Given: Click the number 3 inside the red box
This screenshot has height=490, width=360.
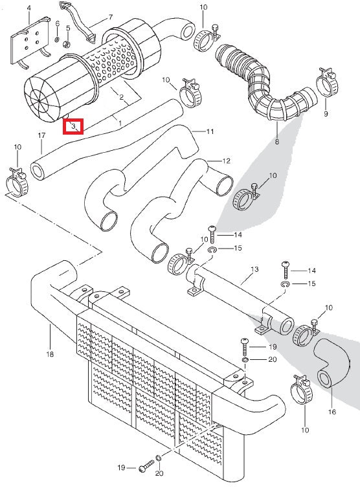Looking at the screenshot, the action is pyautogui.click(x=73, y=126).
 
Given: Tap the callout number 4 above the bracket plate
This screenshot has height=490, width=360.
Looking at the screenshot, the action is pyautogui.click(x=29, y=8).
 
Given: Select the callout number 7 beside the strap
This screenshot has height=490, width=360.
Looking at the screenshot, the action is pyautogui.click(x=110, y=17).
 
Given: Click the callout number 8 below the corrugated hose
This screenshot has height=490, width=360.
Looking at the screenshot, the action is pyautogui.click(x=277, y=142).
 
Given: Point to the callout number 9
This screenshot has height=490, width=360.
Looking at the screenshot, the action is pyautogui.click(x=326, y=114).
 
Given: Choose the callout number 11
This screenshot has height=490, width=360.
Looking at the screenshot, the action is pyautogui.click(x=210, y=131).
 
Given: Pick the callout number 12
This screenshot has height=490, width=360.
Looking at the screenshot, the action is pyautogui.click(x=226, y=161).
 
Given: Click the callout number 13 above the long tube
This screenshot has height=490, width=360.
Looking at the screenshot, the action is pyautogui.click(x=254, y=269).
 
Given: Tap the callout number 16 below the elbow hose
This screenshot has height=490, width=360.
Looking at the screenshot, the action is pyautogui.click(x=332, y=412).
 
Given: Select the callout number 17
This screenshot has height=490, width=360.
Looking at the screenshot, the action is pyautogui.click(x=41, y=135).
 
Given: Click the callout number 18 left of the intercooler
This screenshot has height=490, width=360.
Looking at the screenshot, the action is pyautogui.click(x=50, y=354).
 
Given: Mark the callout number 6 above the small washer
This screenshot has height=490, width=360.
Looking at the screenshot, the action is pyautogui.click(x=57, y=23).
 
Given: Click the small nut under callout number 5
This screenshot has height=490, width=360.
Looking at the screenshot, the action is pyautogui.click(x=67, y=44).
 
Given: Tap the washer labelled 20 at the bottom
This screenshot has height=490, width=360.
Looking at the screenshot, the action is pyautogui.click(x=159, y=458).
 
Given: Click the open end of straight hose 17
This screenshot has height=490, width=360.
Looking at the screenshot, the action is pyautogui.click(x=38, y=171).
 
